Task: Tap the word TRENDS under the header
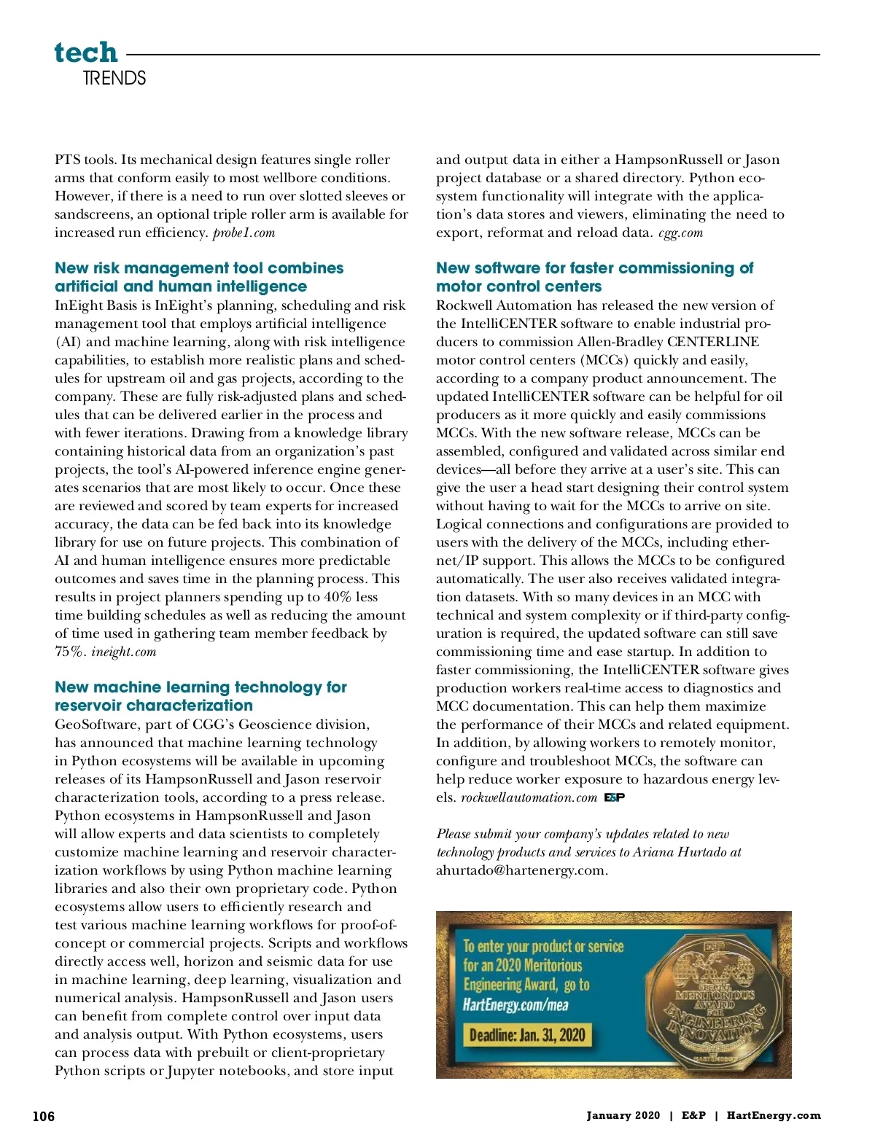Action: click(x=114, y=78)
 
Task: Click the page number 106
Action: click(x=44, y=1116)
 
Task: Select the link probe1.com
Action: click(x=244, y=233)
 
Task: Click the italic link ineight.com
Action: click(x=123, y=652)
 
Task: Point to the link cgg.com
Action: click(x=680, y=233)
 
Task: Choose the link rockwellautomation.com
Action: click(x=529, y=797)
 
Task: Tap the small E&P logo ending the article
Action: click(x=614, y=797)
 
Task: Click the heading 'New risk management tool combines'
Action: click(x=199, y=268)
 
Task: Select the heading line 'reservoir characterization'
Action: click(x=154, y=706)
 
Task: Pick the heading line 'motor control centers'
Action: click(x=518, y=286)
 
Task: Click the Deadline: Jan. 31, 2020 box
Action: click(x=527, y=1035)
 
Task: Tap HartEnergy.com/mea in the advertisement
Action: click(x=515, y=1005)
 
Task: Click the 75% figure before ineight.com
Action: click(x=70, y=652)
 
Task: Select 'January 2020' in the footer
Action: click(x=623, y=1115)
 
